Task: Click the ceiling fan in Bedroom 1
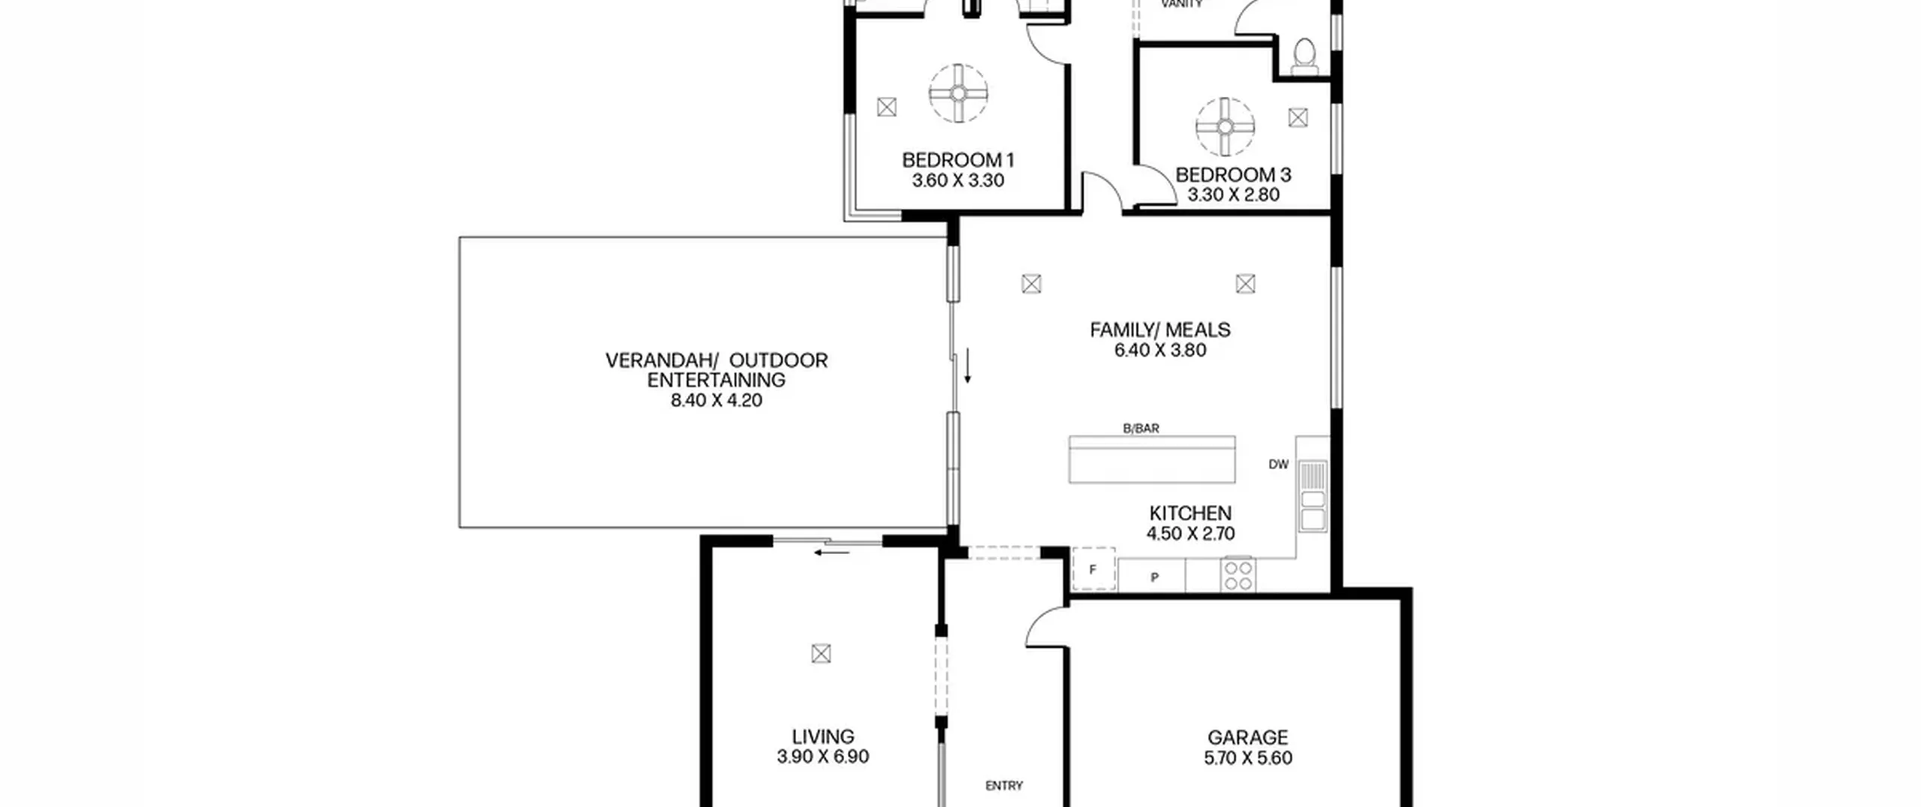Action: click(x=958, y=93)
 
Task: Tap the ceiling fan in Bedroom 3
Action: click(x=1225, y=126)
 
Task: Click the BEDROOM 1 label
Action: click(x=958, y=160)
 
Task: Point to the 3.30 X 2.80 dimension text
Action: click(x=1233, y=195)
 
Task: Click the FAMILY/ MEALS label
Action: click(x=1160, y=330)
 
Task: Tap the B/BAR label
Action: click(x=1141, y=429)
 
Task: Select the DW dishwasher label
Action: click(x=1279, y=465)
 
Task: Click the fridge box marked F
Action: click(x=1093, y=570)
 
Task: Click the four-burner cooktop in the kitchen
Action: click(x=1237, y=575)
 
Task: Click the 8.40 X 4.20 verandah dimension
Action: click(x=717, y=401)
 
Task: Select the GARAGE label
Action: click(x=1248, y=738)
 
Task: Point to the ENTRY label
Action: click(x=1004, y=786)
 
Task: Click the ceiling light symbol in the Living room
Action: click(x=821, y=654)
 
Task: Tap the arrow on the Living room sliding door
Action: click(x=832, y=553)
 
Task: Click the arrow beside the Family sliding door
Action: click(x=968, y=366)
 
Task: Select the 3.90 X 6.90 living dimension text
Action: click(x=823, y=757)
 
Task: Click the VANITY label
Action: click(x=1182, y=5)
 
